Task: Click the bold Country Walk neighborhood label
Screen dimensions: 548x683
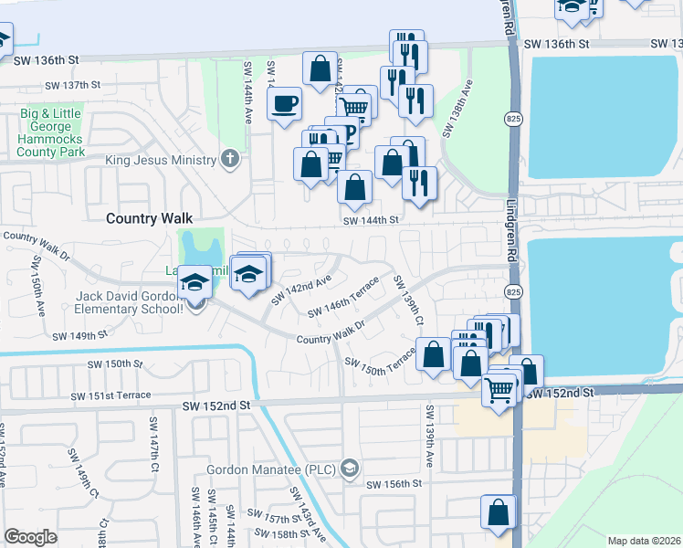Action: click(x=150, y=218)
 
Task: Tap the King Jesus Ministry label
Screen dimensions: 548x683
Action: click(x=161, y=161)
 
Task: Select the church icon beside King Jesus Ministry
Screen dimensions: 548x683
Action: click(x=230, y=160)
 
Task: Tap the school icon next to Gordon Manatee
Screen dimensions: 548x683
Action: click(x=349, y=469)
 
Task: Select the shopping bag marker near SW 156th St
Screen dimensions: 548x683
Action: click(x=499, y=514)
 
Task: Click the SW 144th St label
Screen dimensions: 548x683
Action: click(x=372, y=220)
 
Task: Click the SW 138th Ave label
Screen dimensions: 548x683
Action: click(x=457, y=109)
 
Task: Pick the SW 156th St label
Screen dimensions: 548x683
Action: click(x=394, y=484)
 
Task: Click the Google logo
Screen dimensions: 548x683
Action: click(x=31, y=537)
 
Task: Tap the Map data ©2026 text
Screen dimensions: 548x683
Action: click(x=643, y=541)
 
